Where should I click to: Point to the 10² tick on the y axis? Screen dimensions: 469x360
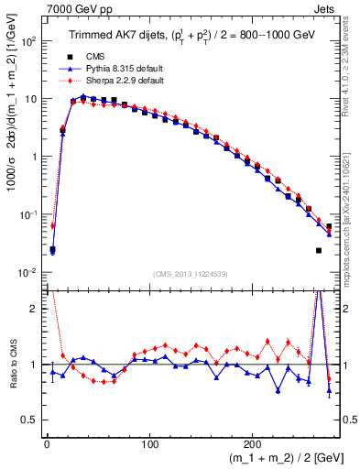pyautogui.click(x=27, y=41)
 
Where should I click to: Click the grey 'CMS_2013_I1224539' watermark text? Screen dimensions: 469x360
pyautogui.click(x=191, y=271)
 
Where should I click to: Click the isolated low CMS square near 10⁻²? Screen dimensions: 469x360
pyautogui.click(x=318, y=250)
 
